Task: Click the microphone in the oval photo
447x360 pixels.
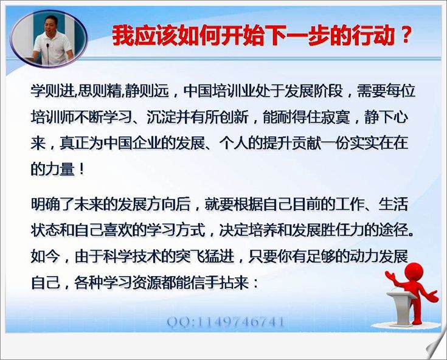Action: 47,54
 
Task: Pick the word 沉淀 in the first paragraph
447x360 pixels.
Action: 161,117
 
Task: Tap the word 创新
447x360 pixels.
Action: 234,117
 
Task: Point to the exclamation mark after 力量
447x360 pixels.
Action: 81,169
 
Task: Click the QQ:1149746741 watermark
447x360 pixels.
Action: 226,322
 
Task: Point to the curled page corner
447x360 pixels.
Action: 435,347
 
